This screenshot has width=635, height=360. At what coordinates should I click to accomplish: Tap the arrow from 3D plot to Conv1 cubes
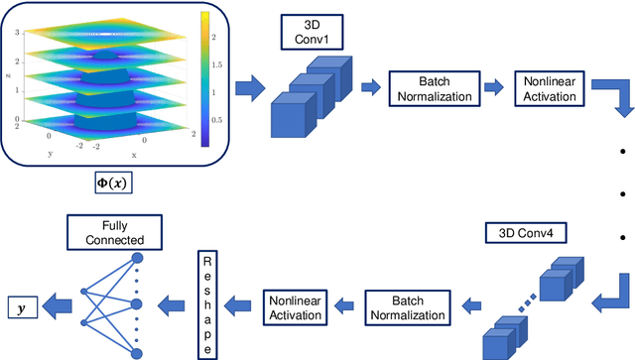(x=251, y=88)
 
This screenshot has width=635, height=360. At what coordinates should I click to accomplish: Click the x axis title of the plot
(x=135, y=156)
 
